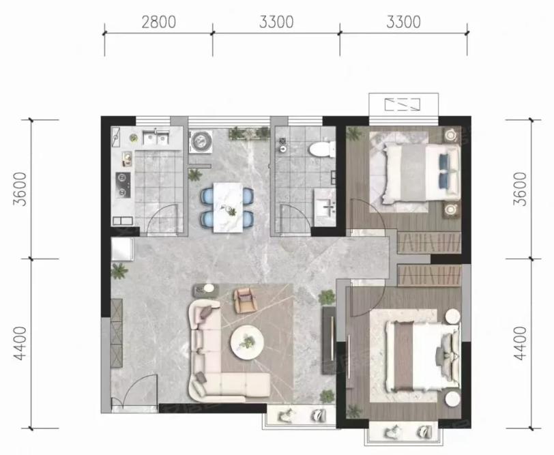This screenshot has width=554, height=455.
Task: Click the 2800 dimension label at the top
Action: [x=159, y=23]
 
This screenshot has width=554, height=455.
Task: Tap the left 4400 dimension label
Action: [x=20, y=343]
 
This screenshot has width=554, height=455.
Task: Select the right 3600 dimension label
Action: [x=520, y=189]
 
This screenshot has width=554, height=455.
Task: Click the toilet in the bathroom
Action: [x=322, y=149]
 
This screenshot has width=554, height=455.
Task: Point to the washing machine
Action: [x=201, y=142]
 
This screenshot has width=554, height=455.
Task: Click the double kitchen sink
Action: [x=156, y=137]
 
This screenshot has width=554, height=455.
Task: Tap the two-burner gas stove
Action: [x=123, y=185]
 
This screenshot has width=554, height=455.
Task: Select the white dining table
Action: [x=228, y=207]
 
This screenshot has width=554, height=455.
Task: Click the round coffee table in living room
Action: [x=247, y=342]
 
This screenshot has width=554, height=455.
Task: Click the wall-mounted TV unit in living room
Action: [x=329, y=340]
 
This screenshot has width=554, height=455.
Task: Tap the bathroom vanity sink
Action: [x=325, y=207]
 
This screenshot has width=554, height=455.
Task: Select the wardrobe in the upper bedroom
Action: [x=429, y=242]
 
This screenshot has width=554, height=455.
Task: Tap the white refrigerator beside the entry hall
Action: [x=122, y=249]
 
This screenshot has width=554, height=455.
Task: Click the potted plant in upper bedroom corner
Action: [x=354, y=134]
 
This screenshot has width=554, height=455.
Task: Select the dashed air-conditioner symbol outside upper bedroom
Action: [x=403, y=104]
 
